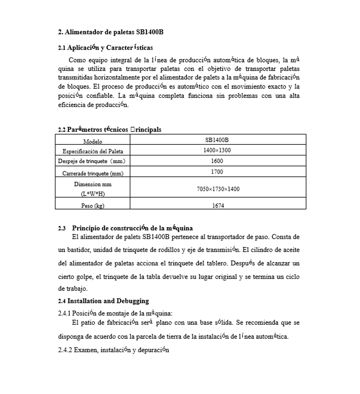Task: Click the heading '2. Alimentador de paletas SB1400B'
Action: point(111,32)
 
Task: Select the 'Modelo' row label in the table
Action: point(93,142)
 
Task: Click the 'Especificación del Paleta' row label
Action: point(93,152)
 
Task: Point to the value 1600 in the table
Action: point(217,161)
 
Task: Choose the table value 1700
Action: point(217,172)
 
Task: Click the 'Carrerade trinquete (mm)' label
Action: point(93,173)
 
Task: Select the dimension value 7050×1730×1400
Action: point(218,189)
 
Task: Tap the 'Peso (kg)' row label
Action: point(93,206)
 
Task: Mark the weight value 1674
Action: point(218,206)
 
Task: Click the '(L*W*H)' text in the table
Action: point(93,194)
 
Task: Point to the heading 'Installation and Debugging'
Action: point(108,301)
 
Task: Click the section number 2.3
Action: point(62,228)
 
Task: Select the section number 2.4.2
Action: point(65,350)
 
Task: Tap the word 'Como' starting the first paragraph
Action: point(77,60)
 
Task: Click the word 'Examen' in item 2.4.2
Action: point(86,350)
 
